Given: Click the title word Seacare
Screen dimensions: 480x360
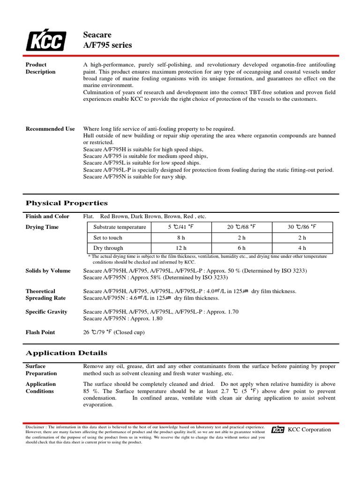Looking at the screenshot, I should (97, 35).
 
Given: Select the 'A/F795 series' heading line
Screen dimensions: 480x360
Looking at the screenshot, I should (107, 45).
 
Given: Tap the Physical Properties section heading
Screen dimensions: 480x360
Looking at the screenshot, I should (67, 203).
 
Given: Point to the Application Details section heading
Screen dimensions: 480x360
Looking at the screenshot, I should (66, 353).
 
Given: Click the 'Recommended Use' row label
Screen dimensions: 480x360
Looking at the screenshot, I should (50, 129).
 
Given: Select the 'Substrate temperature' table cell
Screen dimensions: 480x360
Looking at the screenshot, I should (120, 227).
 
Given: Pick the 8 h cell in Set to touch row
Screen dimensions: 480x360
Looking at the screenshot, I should (181, 238).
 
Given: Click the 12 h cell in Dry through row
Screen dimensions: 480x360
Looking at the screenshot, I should (181, 248).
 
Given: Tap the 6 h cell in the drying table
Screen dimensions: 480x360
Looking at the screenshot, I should (241, 248).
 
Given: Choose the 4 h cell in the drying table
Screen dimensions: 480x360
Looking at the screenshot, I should (302, 248).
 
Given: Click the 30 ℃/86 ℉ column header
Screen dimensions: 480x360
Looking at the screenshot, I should (302, 227).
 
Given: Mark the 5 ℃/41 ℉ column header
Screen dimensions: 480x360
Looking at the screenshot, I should (181, 227).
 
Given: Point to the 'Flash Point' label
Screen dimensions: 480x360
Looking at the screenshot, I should (40, 332).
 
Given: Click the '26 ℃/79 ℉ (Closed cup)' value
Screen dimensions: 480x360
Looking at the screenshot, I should (114, 332).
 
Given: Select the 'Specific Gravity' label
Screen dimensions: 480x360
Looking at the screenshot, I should (46, 312).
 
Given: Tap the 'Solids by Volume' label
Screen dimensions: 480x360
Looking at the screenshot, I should (48, 271).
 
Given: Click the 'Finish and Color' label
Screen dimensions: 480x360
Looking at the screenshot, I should (47, 216).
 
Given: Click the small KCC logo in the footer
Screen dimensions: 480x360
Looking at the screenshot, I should (278, 430).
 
